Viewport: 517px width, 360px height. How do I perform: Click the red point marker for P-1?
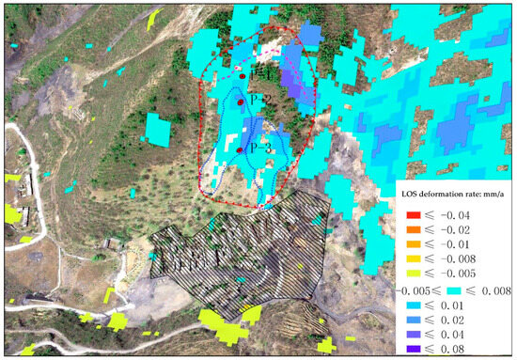tap(243, 75)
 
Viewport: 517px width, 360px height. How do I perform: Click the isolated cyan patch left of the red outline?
tap(159, 130)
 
